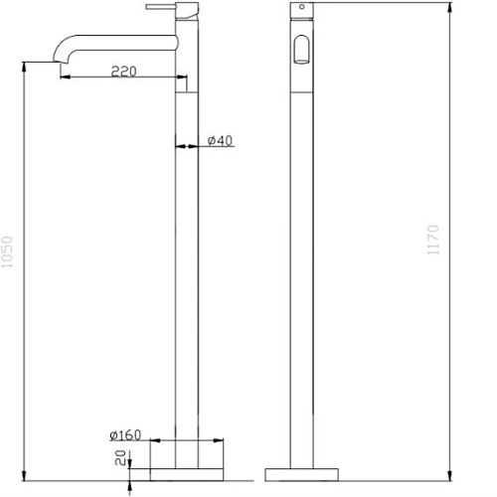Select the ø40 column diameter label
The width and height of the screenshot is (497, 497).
tap(221, 141)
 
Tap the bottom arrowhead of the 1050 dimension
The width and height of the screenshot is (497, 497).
tap(22, 483)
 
